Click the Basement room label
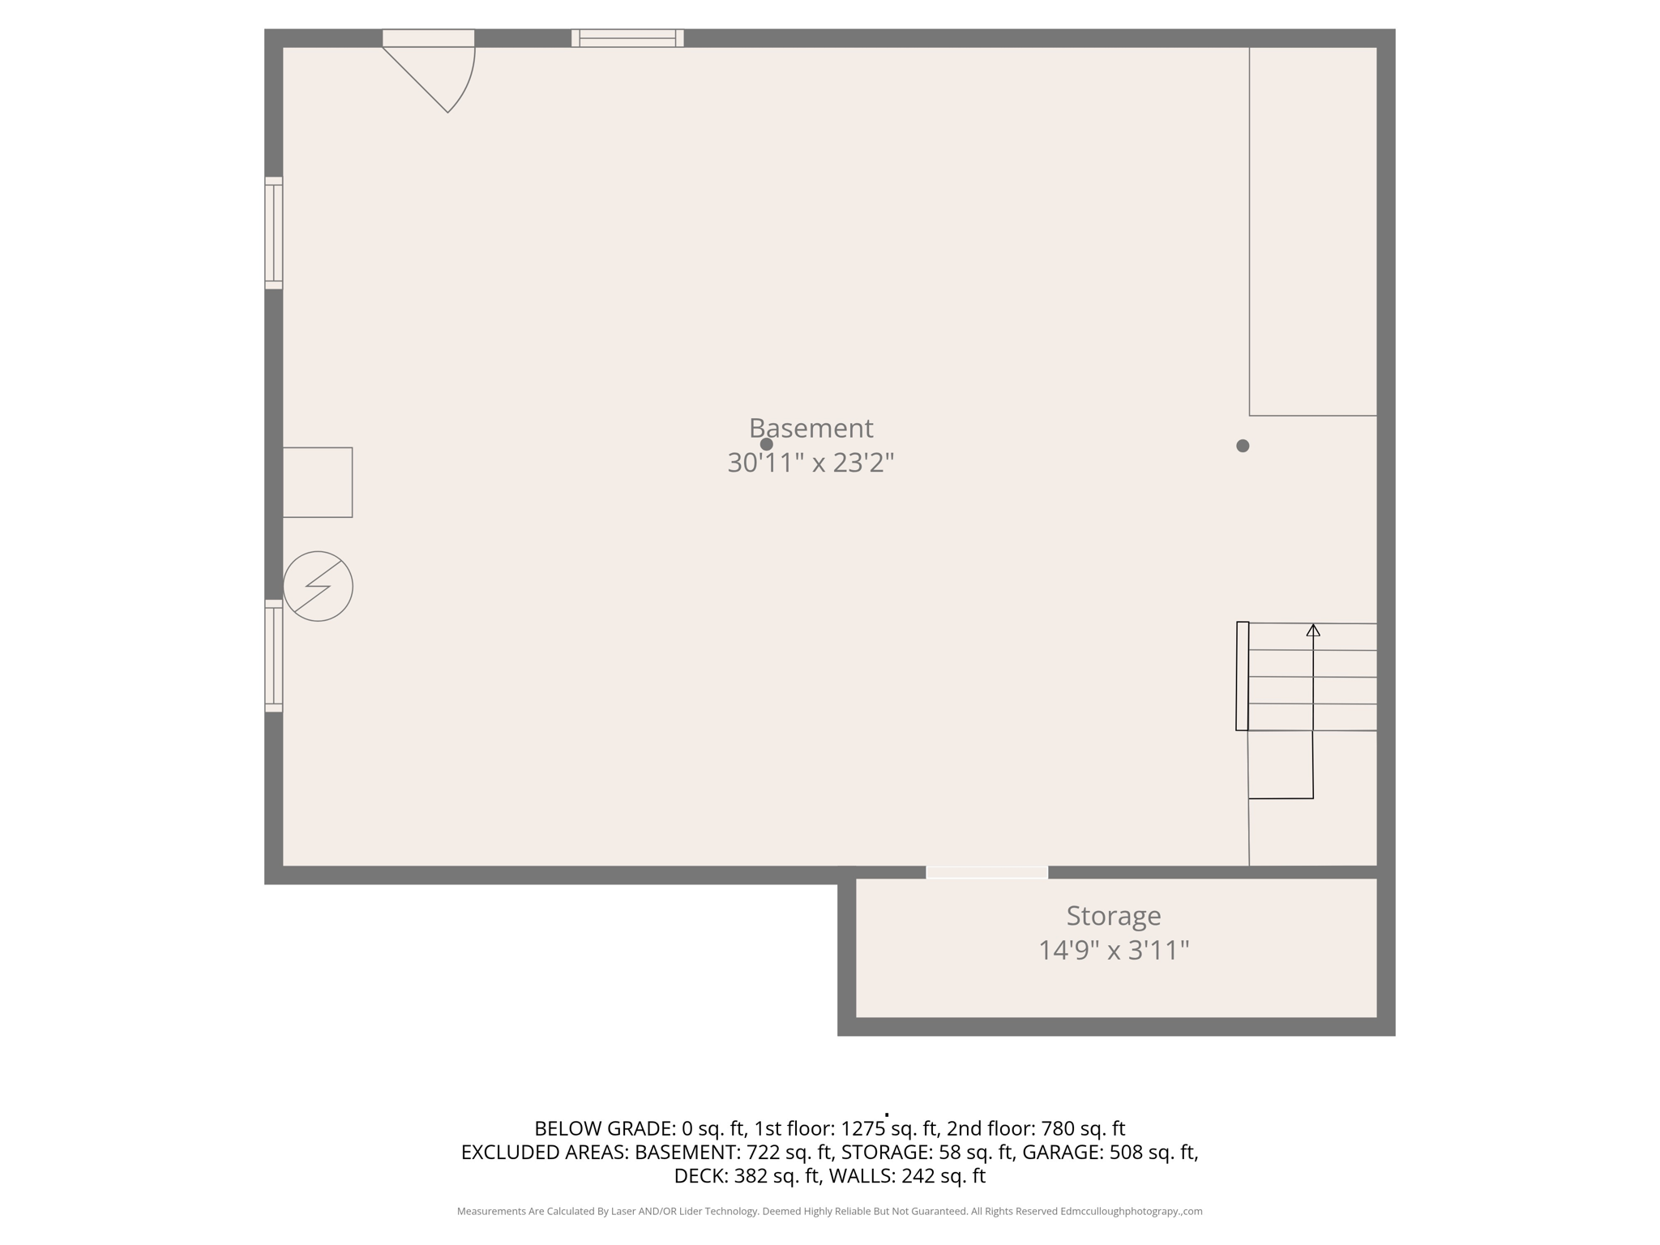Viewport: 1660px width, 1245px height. [811, 428]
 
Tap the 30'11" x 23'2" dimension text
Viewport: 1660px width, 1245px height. [811, 463]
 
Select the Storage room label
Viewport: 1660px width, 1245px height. [1113, 916]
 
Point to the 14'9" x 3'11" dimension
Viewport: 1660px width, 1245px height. [1113, 950]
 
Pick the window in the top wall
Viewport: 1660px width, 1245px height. [627, 38]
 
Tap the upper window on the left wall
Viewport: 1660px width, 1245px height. [274, 233]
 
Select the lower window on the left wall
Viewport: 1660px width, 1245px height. [274, 656]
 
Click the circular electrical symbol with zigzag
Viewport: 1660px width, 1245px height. [318, 586]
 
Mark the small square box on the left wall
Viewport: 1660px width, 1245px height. [318, 482]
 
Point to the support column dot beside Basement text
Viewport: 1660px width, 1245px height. [766, 444]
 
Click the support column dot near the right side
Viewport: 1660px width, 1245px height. [1243, 446]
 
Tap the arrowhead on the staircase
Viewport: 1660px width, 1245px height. [1313, 630]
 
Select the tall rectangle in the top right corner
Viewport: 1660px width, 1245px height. [1313, 231]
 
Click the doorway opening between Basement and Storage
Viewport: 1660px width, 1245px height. [986, 872]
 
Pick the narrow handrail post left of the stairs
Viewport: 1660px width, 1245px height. [1242, 676]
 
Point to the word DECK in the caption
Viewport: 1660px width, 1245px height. [700, 1175]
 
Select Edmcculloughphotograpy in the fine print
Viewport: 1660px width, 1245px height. [1119, 1211]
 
